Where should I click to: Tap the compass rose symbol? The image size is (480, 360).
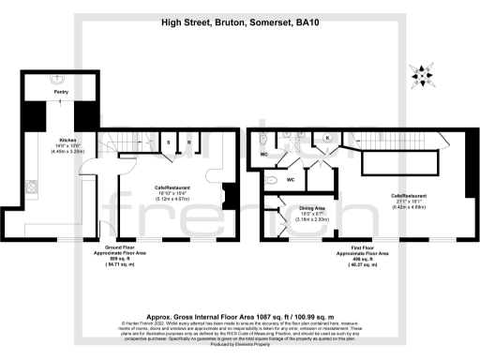click(418, 74)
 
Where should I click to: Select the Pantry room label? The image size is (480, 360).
click(61, 92)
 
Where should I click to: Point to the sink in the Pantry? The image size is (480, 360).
click(61, 79)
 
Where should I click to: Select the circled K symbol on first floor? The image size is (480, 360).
click(327, 138)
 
